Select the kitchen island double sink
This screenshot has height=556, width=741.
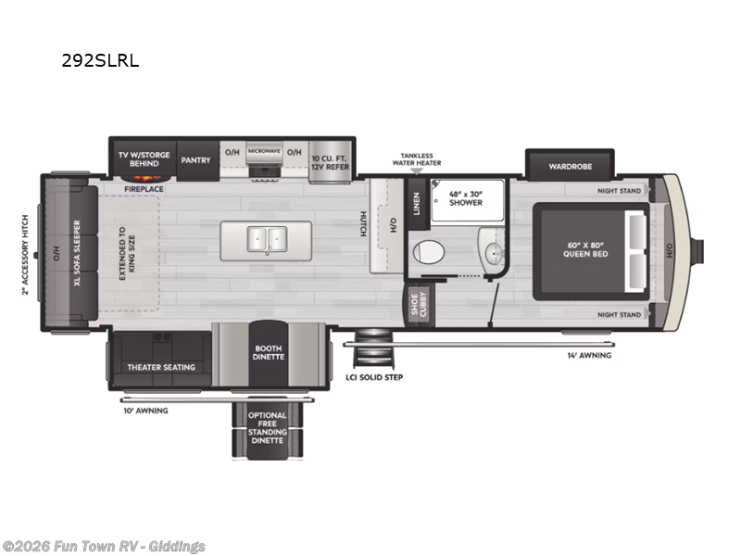coord(267,240)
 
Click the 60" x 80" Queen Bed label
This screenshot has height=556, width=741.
coord(588,248)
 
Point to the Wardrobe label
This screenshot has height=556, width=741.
coord(570,167)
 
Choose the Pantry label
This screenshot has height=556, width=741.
coord(195,159)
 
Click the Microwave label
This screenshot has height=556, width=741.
coord(264,151)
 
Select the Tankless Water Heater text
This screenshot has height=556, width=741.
coord(416,159)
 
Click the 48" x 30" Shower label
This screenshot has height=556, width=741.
coord(466,197)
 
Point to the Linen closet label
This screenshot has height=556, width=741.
coord(416,204)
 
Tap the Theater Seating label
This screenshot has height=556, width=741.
coord(161,367)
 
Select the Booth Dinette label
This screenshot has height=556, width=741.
coord(269,353)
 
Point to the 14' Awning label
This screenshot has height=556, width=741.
coord(589,354)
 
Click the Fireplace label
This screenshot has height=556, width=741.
coord(144,189)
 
